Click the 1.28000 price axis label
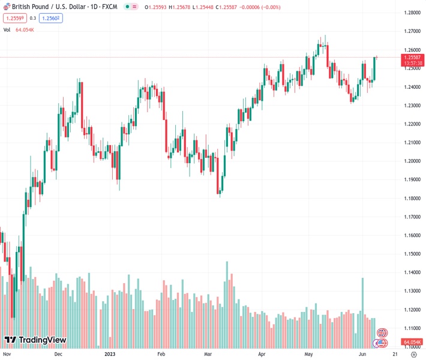[411, 13]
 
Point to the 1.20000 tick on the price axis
[411, 161]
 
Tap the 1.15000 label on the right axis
[411, 254]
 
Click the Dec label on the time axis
[58, 354]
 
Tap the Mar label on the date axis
[208, 354]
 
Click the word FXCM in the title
[109, 7]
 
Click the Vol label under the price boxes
[7, 29]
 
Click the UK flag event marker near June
[382, 332]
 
